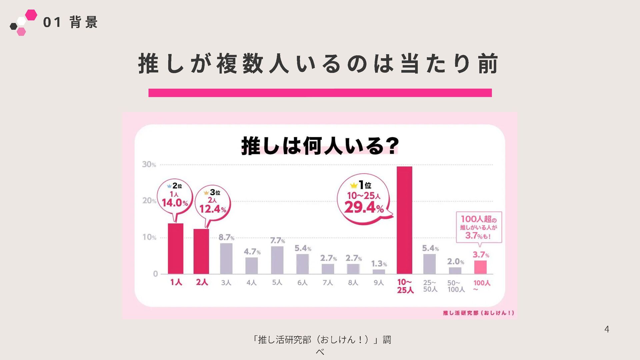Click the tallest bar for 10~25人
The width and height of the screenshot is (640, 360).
[x=404, y=220]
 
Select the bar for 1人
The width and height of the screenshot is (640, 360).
[x=175, y=249]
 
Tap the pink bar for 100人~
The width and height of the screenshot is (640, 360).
[x=480, y=267]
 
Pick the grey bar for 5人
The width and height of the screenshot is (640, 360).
[x=277, y=260]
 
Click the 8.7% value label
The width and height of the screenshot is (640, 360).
[x=226, y=237]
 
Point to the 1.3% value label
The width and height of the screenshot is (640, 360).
[x=379, y=264]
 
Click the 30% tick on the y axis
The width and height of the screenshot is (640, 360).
[x=149, y=164]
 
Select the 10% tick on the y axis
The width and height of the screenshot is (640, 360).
[x=149, y=237]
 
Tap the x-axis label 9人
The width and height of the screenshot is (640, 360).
[x=379, y=283]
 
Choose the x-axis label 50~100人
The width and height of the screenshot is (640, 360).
[x=456, y=286]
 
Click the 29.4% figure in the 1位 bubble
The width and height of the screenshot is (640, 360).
[x=364, y=208]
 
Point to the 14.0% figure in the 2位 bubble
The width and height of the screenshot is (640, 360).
[x=175, y=203]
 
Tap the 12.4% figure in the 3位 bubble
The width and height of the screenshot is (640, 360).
[x=213, y=209]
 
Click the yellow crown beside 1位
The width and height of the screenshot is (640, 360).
[x=354, y=185]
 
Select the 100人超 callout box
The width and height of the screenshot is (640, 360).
[x=479, y=227]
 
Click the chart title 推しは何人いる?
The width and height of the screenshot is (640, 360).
[x=320, y=146]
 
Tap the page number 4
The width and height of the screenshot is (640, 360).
[x=607, y=329]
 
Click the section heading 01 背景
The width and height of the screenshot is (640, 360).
[x=70, y=22]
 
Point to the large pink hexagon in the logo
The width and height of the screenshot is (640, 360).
[x=31, y=15]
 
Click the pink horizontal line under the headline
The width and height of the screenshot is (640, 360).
[x=320, y=93]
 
